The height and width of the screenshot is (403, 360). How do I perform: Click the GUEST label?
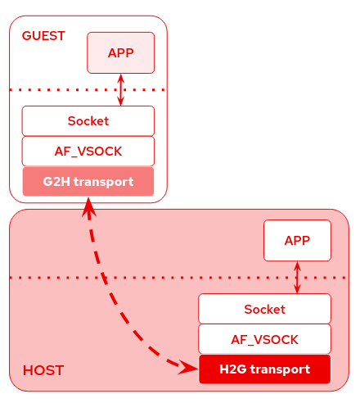point(43,36)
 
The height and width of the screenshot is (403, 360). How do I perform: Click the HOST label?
point(43,370)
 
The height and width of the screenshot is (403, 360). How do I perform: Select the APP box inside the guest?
point(121,52)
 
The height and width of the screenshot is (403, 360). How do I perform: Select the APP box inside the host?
point(297,240)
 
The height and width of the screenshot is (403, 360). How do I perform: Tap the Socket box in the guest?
point(88,120)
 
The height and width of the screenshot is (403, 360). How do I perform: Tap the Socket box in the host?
point(264,309)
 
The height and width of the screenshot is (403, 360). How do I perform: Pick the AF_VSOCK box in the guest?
point(88,151)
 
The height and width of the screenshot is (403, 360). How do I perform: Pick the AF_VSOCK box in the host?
point(264,338)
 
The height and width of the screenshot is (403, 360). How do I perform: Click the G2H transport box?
point(88,181)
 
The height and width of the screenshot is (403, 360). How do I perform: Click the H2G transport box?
point(264,369)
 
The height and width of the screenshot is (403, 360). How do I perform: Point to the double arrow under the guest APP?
point(121,89)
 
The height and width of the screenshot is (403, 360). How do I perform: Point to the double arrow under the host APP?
point(297,278)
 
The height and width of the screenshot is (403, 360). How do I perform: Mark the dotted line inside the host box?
point(123,278)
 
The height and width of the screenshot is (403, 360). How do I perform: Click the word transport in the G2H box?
point(103,181)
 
